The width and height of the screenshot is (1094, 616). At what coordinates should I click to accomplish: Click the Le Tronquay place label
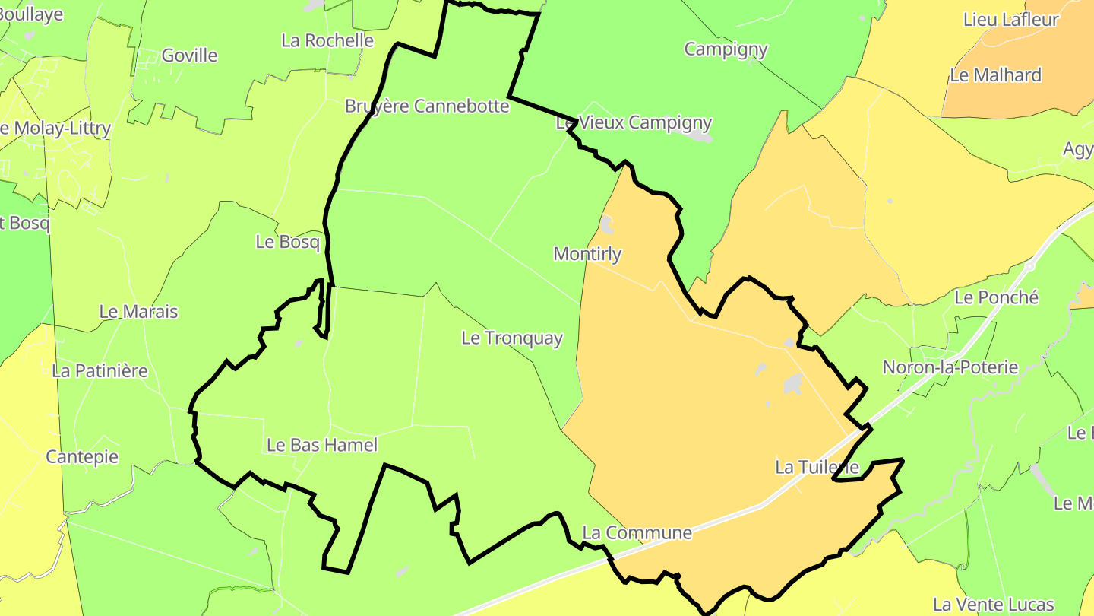coord(512,338)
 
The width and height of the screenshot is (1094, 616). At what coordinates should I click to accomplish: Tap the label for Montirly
coord(587,254)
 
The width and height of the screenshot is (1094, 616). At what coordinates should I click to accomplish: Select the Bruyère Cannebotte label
coord(427,106)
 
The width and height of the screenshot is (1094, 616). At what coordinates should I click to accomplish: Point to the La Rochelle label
coord(327,40)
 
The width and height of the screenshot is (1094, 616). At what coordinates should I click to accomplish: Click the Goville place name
coord(190,56)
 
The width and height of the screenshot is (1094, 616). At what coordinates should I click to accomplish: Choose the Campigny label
coord(726,49)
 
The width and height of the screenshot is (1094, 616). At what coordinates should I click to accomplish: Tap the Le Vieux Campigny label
coord(634,122)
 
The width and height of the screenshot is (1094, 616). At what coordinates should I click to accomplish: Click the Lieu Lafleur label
coord(1010,20)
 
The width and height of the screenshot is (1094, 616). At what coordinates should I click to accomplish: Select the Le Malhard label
coord(995,75)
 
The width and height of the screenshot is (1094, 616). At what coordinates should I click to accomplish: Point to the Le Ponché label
coord(996,297)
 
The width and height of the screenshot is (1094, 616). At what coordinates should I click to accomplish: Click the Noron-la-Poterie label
coord(950,367)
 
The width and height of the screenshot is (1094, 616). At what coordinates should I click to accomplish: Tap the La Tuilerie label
coord(817,467)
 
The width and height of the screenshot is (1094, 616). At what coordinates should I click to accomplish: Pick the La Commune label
coord(637,533)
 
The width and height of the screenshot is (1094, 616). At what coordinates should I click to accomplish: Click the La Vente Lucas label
coord(993,605)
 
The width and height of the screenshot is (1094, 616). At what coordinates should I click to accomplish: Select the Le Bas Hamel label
coord(321,445)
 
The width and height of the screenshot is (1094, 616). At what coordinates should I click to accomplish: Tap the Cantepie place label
coord(82,457)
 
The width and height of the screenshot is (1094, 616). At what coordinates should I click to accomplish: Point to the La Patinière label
coord(100,371)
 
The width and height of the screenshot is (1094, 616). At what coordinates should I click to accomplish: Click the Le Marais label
coord(138,312)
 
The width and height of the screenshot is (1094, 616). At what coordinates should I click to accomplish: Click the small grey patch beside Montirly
coord(607,224)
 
